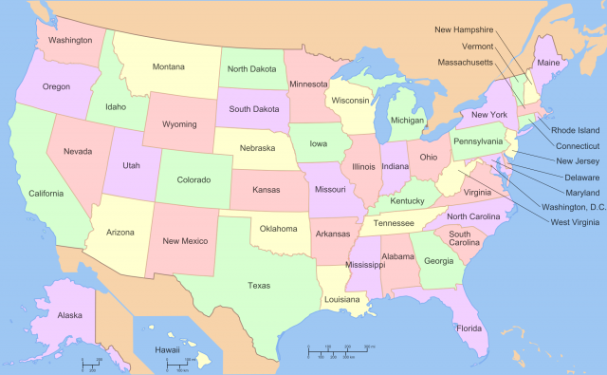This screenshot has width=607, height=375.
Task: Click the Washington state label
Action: click(x=70, y=40)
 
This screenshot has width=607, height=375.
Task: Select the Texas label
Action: click(x=258, y=285)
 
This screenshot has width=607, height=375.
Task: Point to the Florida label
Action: click(x=469, y=328)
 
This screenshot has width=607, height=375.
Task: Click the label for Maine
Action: click(x=548, y=63)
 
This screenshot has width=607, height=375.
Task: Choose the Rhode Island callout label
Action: click(x=576, y=130)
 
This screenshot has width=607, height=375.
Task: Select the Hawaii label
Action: click(x=168, y=350)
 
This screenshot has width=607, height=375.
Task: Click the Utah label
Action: click(x=132, y=165)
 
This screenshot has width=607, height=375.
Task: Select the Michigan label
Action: click(x=408, y=121)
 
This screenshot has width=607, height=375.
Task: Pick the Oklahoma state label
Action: click(x=280, y=228)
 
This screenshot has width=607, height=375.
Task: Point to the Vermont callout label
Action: click(x=477, y=46)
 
